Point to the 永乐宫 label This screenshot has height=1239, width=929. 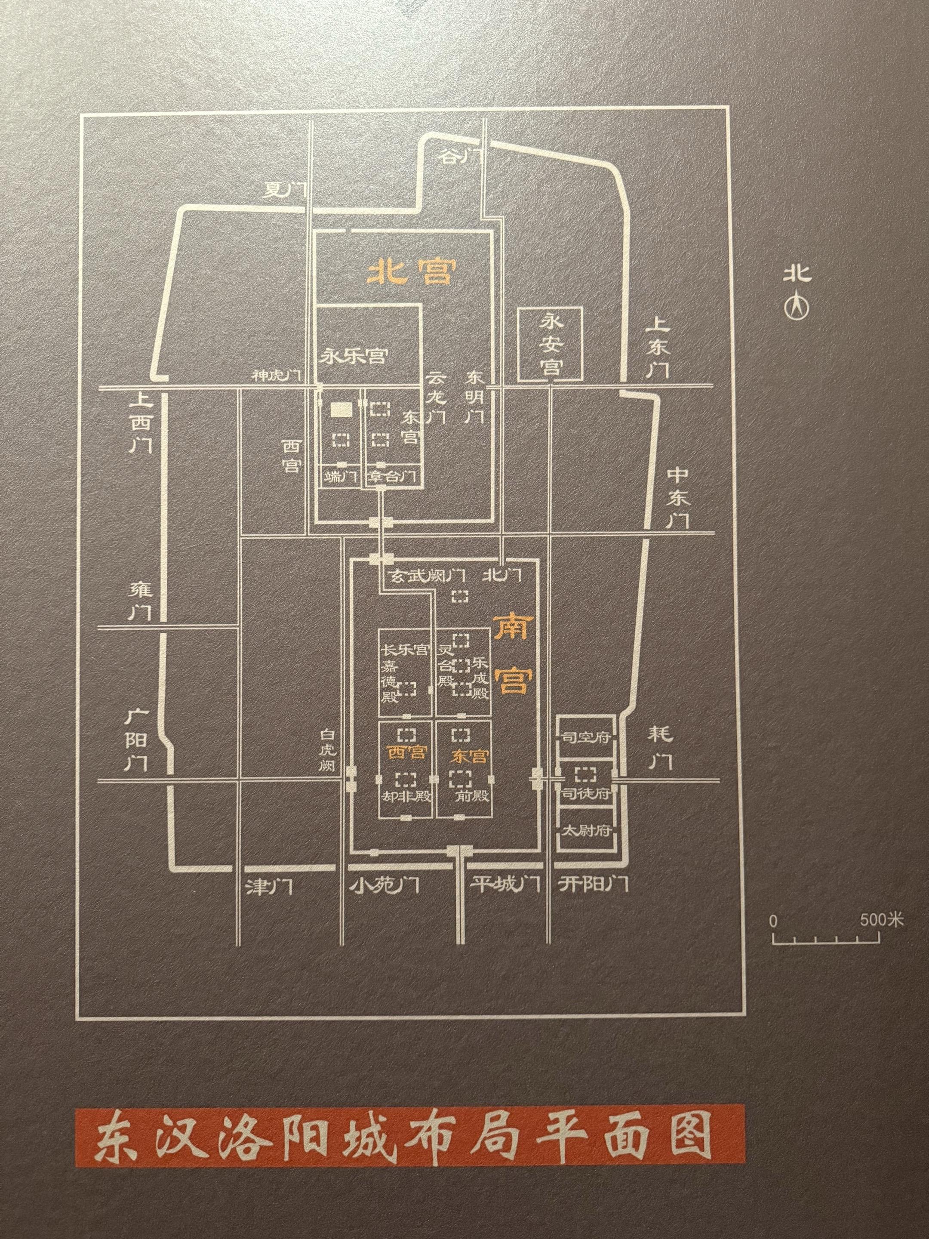coord(354,357)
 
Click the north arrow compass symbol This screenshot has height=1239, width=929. coord(797,307)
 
